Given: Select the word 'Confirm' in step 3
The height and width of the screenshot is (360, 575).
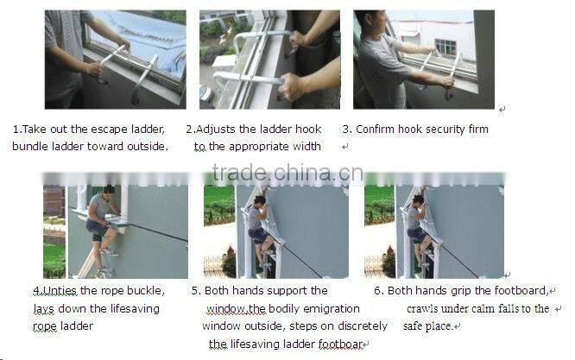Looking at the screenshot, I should (x=376, y=129).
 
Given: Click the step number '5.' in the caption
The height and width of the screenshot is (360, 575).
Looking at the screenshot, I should (x=196, y=291).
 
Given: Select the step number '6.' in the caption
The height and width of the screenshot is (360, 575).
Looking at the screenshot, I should (x=378, y=291).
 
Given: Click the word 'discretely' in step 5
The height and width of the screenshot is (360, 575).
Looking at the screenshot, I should (x=337, y=325).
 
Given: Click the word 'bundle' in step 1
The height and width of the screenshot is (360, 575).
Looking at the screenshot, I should (x=30, y=147).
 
